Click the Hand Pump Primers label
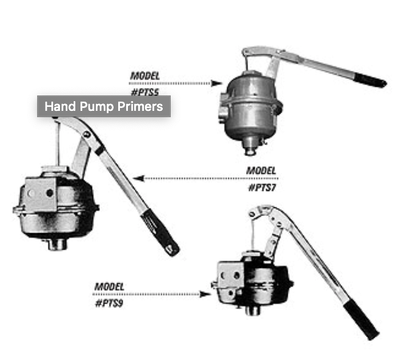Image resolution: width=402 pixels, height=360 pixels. click(x=103, y=106)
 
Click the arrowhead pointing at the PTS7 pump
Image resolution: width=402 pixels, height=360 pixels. click(x=138, y=178)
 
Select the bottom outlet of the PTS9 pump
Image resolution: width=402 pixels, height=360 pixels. click(x=252, y=310)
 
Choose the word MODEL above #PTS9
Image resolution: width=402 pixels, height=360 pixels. click(x=109, y=286)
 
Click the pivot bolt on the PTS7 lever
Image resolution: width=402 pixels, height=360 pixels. click(x=87, y=134)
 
